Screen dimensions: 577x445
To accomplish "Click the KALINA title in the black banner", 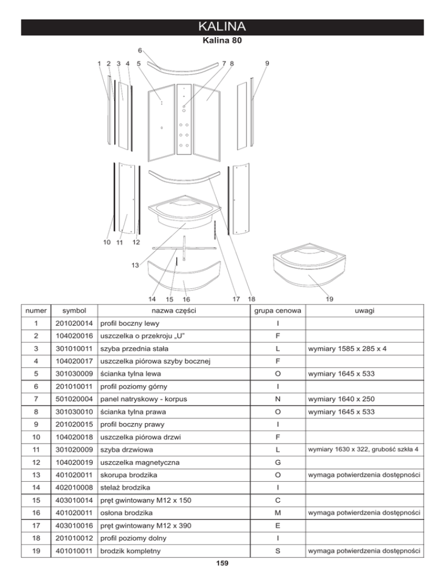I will (x=222, y=27).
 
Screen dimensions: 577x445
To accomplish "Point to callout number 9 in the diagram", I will (x=266, y=62).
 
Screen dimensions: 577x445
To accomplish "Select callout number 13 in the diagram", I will (x=134, y=265).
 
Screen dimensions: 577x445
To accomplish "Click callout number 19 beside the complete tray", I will (x=329, y=300).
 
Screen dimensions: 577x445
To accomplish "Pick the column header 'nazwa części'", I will (x=173, y=311).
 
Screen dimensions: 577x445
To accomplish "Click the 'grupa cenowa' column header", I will (x=279, y=311).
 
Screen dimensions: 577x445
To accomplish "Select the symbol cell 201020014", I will (x=74, y=323).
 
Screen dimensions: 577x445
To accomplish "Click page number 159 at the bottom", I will (x=222, y=562).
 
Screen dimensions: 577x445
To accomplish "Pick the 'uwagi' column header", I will (x=365, y=311).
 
